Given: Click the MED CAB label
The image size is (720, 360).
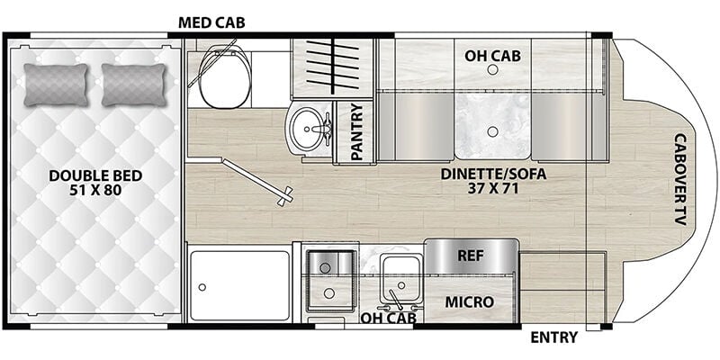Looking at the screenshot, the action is [x=211, y=22].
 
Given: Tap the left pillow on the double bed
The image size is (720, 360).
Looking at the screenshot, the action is [x=56, y=85].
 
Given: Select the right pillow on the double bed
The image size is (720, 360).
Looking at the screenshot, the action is [x=133, y=85].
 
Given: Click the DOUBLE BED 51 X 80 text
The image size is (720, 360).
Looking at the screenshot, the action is [x=95, y=183].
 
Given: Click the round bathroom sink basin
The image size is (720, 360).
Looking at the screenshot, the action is [x=307, y=129].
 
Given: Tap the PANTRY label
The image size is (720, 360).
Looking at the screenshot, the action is [x=356, y=131].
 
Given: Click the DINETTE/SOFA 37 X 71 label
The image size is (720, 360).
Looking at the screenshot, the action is [x=493, y=181].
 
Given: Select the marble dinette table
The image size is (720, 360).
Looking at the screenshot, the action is [x=492, y=125].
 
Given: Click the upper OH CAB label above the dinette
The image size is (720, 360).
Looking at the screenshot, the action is [x=492, y=56].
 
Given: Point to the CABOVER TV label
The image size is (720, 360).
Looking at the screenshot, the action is [x=680, y=179].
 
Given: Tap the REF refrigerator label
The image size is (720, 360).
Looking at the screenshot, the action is [x=471, y=256].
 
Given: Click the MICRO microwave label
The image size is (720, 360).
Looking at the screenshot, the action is [x=469, y=302].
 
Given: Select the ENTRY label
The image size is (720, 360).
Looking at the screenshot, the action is [x=553, y=337].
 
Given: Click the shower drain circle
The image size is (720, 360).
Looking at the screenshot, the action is [x=202, y=287].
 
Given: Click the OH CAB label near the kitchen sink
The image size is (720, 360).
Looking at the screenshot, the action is [x=388, y=318].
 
